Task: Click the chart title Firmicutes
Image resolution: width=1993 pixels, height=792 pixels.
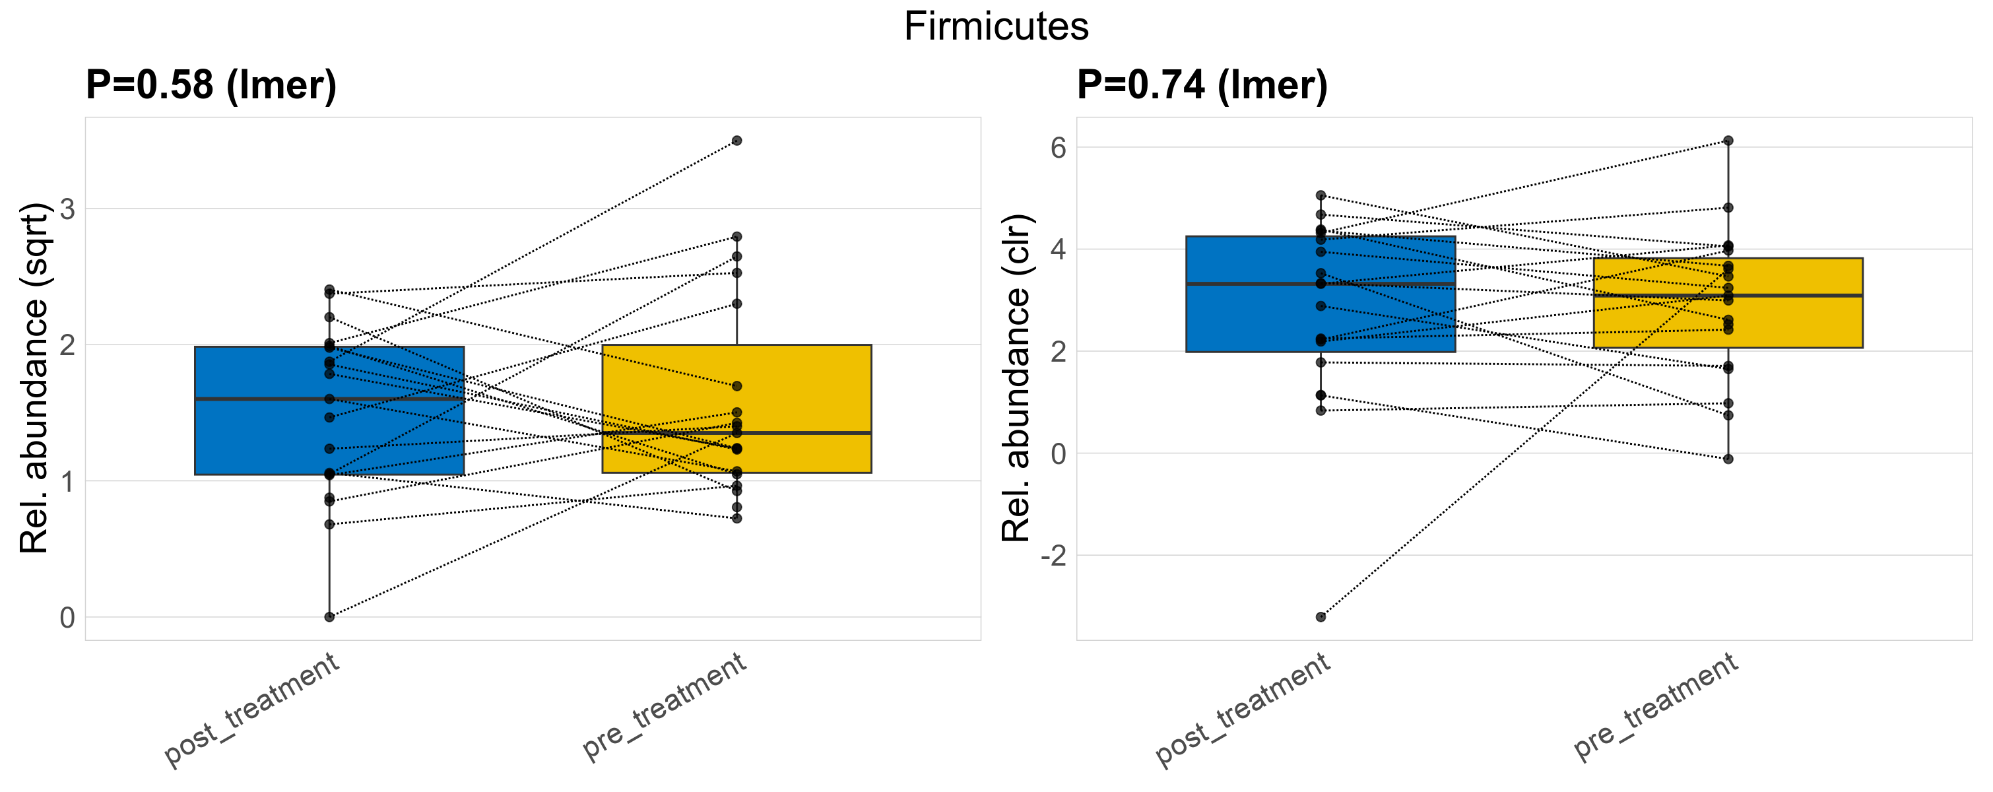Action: point(996,27)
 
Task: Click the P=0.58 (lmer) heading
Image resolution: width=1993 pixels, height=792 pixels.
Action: point(211,84)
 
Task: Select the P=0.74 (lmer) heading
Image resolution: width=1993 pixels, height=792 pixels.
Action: point(1202,84)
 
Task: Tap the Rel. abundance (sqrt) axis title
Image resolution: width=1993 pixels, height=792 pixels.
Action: point(35,378)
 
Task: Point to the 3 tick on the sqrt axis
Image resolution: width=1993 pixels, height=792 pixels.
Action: point(68,209)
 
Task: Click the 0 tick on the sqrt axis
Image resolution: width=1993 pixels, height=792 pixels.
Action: point(68,617)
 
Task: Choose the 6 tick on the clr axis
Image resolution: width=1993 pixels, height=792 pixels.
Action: point(1059,148)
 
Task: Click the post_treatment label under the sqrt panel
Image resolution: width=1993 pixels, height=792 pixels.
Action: point(252,709)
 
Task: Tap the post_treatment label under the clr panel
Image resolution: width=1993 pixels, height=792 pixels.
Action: point(1243,709)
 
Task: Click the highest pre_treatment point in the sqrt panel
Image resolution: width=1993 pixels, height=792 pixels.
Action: point(736,141)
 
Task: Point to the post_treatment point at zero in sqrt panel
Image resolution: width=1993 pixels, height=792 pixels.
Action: point(329,616)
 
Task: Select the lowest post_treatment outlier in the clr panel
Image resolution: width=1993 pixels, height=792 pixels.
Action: point(1321,617)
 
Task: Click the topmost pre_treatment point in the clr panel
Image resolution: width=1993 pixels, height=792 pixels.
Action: point(1728,141)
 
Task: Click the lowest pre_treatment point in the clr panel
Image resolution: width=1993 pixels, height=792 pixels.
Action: point(1728,459)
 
